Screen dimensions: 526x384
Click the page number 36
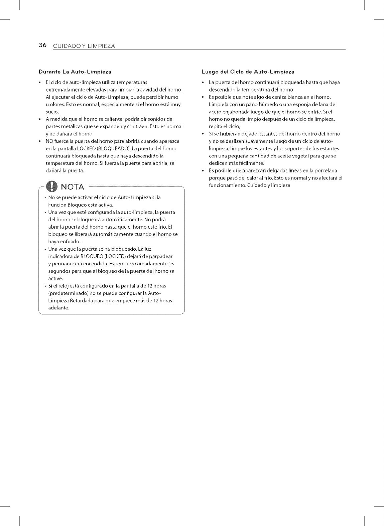pos(42,45)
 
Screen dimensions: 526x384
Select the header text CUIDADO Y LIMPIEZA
pos(84,46)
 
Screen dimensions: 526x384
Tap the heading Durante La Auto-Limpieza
pos(75,72)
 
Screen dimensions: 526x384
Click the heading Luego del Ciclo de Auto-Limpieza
pos(248,72)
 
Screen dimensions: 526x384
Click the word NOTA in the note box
pos(72,187)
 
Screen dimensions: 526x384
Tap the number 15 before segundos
pos(171,264)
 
